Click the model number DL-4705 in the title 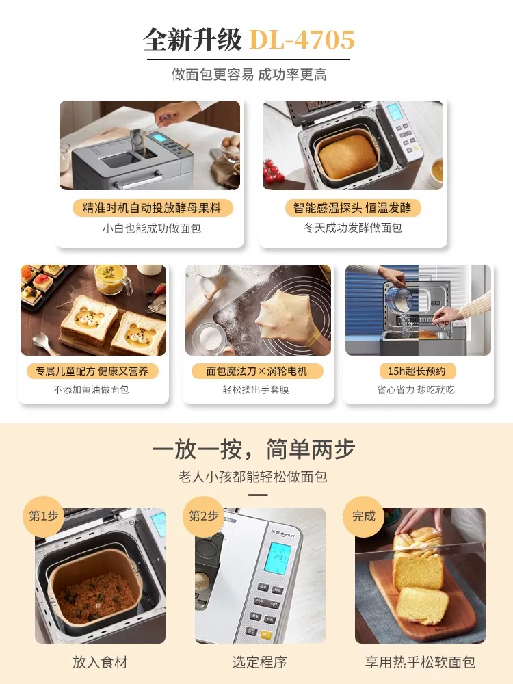click(x=302, y=40)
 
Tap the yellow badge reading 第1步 click(x=43, y=516)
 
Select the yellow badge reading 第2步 click(x=203, y=516)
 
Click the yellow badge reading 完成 click(x=363, y=516)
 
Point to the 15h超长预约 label click(x=417, y=371)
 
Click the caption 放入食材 click(x=100, y=661)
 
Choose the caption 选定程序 click(x=259, y=661)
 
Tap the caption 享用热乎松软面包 click(x=420, y=661)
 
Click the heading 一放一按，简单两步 click(x=254, y=449)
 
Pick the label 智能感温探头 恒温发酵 click(x=352, y=208)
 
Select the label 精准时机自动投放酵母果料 click(x=152, y=208)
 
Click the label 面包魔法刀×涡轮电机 click(x=257, y=371)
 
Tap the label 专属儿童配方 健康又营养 click(x=92, y=371)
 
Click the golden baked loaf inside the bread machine click(x=347, y=156)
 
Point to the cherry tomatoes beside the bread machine click(x=273, y=170)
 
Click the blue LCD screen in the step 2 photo click(x=278, y=557)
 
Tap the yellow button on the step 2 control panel click(x=265, y=635)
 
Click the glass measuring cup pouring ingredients click(x=398, y=298)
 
